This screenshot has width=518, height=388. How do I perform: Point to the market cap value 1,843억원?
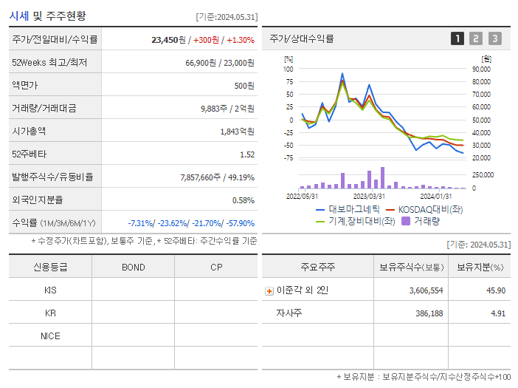click(x=237, y=131)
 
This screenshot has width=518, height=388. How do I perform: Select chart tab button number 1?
click(x=457, y=38)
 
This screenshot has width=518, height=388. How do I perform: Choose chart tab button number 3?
click(x=494, y=38)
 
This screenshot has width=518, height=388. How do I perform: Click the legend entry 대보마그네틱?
click(x=348, y=209)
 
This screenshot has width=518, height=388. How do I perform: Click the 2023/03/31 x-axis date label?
click(x=369, y=196)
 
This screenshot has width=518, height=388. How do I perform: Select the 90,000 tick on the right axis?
click(x=481, y=69)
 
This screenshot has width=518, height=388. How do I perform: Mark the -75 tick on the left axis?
click(x=288, y=157)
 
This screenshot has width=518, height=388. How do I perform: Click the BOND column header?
click(x=133, y=267)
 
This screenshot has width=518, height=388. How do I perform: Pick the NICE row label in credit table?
click(x=50, y=336)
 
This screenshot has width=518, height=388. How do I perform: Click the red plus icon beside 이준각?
click(x=269, y=290)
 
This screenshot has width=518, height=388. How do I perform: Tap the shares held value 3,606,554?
click(x=426, y=290)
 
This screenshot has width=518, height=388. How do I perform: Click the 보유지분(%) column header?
click(x=480, y=267)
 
